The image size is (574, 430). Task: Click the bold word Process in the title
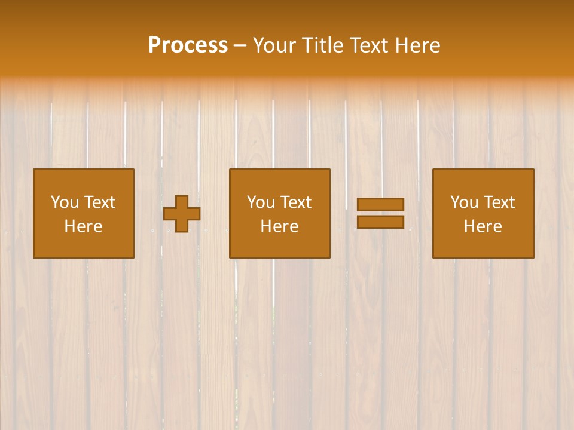coord(188,45)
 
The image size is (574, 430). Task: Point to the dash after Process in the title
coord(240,46)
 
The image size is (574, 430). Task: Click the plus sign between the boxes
coord(182,214)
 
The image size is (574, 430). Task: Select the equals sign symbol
coord(380,213)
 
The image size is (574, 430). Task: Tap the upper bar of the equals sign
coord(380,205)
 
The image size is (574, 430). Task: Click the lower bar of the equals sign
coord(380,222)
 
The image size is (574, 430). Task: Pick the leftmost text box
coord(83,213)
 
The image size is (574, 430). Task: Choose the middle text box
coord(279,213)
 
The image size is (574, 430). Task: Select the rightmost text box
coord(483,213)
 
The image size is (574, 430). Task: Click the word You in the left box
coord(65,202)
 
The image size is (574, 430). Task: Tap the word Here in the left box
coord(83,226)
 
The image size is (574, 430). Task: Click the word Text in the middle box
coord(295,202)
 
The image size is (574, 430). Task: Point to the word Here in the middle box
coord(279,226)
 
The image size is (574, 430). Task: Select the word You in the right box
coord(464,202)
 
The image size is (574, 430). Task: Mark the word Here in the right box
coord(483,226)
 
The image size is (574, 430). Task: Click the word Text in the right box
coord(499,202)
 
